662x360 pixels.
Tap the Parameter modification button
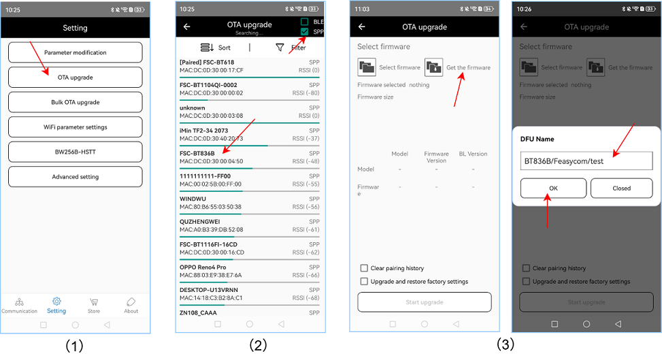pos(75,52)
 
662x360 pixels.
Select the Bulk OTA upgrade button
pos(75,102)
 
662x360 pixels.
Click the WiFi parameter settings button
pos(75,127)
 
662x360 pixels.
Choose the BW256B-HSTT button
pos(75,152)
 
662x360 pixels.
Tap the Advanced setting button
pos(75,177)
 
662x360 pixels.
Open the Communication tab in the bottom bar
pos(19,304)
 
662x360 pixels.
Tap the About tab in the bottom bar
pos(131,304)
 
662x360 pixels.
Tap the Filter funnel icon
pos(280,48)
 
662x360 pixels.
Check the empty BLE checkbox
pos(305,22)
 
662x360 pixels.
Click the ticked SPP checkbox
pos(305,31)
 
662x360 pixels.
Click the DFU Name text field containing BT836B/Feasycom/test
pos(586,161)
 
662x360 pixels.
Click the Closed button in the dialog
pos(621,188)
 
